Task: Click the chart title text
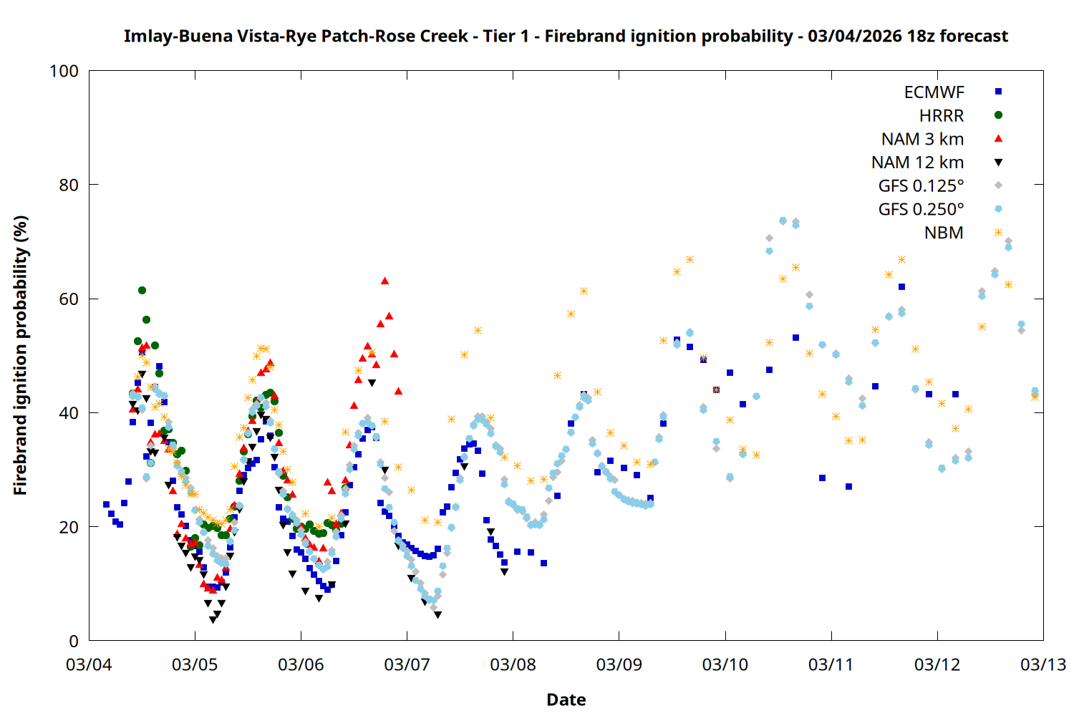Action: [x=566, y=36]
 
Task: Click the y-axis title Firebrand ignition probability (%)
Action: [x=21, y=356]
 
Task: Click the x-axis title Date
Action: [x=566, y=700]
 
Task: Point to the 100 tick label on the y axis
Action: [x=64, y=71]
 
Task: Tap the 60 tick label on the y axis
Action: [x=69, y=299]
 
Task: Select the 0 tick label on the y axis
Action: [x=74, y=641]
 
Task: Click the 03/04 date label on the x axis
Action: [x=89, y=664]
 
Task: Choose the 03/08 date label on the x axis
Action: [x=513, y=664]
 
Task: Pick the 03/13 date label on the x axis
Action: [x=1042, y=664]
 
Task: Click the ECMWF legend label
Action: [x=934, y=92]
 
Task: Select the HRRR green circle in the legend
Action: [x=998, y=115]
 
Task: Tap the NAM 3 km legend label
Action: [x=922, y=139]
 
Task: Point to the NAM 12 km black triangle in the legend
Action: [x=998, y=163]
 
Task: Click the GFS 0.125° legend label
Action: [x=921, y=186]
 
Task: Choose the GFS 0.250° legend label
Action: [x=921, y=209]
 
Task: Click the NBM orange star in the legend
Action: [x=998, y=233]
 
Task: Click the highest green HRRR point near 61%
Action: [x=142, y=290]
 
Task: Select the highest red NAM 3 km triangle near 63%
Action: [x=384, y=281]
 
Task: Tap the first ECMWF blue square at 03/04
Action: [x=106, y=504]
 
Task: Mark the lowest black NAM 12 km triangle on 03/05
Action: [x=213, y=620]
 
